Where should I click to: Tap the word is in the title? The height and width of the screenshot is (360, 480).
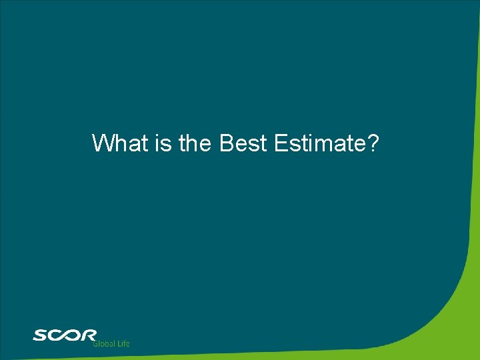tap(163, 143)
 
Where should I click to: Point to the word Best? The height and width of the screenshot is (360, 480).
tap(243, 143)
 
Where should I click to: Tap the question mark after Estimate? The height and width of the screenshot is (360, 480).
tap(373, 143)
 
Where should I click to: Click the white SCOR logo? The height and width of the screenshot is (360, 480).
tap(65, 335)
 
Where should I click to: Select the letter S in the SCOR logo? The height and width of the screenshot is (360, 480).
tap(39, 335)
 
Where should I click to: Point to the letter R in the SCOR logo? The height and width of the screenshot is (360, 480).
tap(89, 335)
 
